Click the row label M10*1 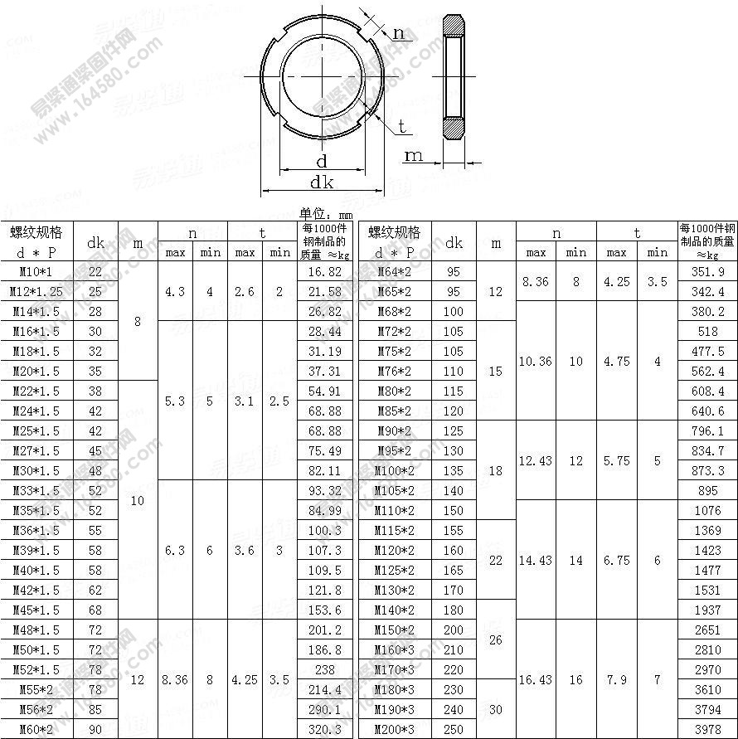tap(36, 272)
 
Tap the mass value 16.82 tap(324, 272)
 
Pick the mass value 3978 tap(707, 729)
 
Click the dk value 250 tap(454, 729)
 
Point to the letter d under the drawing tap(322, 161)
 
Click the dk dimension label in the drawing tap(322, 182)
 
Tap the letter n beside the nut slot tap(399, 33)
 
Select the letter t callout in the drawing tap(402, 126)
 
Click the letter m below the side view tap(413, 155)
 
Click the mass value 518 tap(707, 332)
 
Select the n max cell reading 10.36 tap(536, 362)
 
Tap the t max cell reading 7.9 tap(616, 679)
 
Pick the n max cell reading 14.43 tap(536, 560)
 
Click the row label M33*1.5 tap(36, 490)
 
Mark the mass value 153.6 tap(324, 610)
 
